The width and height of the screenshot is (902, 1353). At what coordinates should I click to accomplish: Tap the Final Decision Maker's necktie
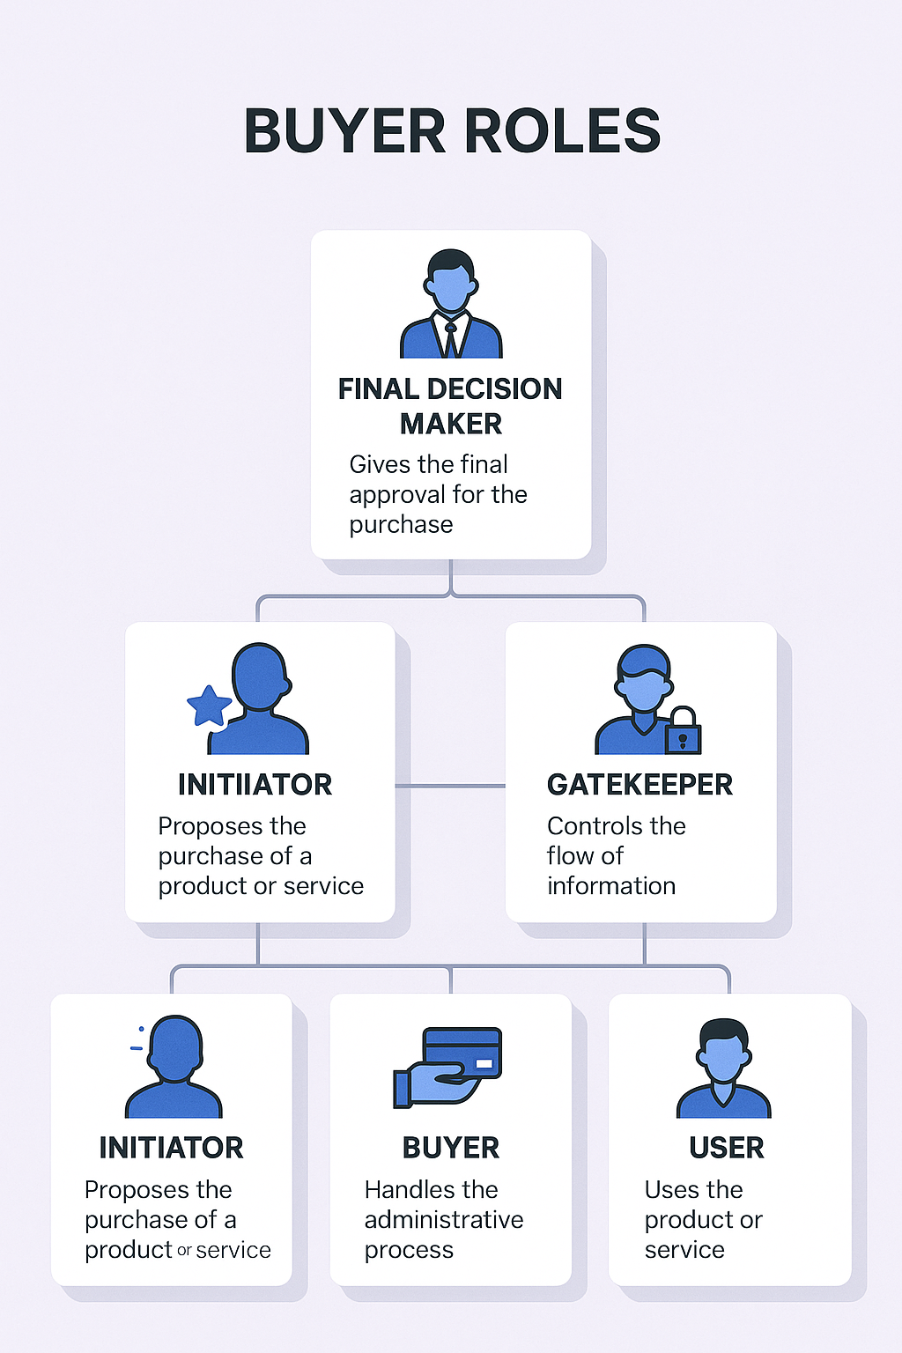click(451, 338)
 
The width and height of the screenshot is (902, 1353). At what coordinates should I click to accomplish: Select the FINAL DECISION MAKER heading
click(450, 406)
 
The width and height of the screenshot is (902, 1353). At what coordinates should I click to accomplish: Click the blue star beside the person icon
click(209, 706)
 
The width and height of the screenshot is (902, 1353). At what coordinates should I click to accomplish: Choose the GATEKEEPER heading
click(640, 785)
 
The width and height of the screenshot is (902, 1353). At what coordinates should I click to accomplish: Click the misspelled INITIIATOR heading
click(255, 785)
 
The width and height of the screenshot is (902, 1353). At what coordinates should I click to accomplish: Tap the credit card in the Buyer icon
click(462, 1052)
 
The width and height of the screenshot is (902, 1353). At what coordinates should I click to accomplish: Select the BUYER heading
click(450, 1148)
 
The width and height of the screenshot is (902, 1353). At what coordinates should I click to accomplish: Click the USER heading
click(727, 1148)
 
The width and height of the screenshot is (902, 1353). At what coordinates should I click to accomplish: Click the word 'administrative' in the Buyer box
click(444, 1220)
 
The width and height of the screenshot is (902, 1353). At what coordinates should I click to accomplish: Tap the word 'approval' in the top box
click(397, 495)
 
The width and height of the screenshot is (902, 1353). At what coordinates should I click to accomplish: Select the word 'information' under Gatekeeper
click(611, 886)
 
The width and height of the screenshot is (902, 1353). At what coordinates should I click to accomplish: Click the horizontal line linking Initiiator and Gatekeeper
click(450, 786)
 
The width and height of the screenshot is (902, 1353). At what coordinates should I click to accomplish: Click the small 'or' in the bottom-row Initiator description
click(184, 1251)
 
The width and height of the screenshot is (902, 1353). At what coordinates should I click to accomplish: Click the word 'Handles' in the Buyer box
click(407, 1190)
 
